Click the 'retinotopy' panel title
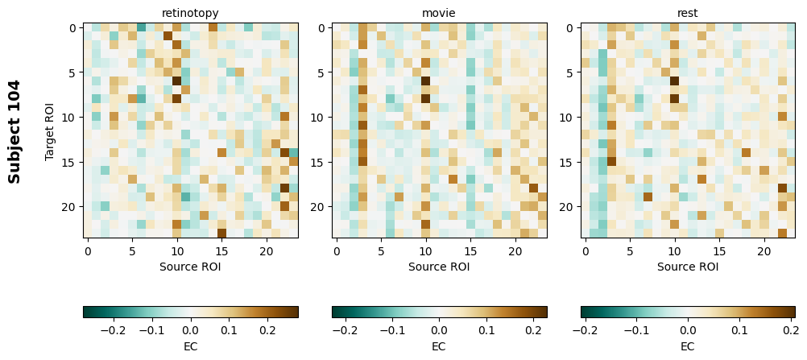click(x=191, y=13)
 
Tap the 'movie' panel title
click(x=439, y=13)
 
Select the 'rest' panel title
click(x=688, y=13)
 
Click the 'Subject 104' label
click(x=14, y=130)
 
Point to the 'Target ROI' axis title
click(x=50, y=130)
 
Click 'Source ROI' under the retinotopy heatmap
click(x=191, y=267)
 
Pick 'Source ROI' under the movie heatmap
click(x=439, y=267)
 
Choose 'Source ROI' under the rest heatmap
click(x=688, y=267)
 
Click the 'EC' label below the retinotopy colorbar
click(x=191, y=346)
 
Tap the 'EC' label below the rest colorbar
click(x=688, y=346)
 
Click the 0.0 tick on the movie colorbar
click(x=439, y=329)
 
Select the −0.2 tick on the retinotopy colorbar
click(x=113, y=329)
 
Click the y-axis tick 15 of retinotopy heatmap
click(x=71, y=162)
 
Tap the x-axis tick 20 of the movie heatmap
click(x=515, y=251)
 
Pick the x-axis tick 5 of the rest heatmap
click(x=631, y=251)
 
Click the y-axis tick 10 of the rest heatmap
click(x=568, y=118)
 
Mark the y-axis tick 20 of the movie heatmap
click(x=319, y=207)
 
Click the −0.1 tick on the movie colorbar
click(x=391, y=329)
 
